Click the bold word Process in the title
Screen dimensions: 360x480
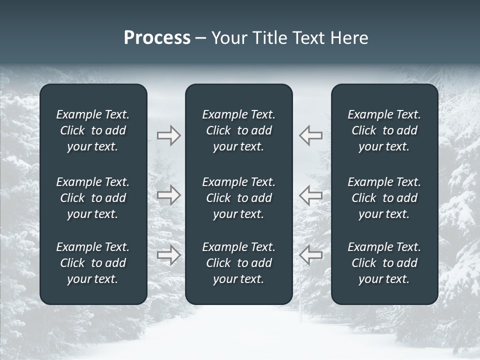[x=157, y=38]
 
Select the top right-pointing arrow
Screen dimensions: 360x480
[x=168, y=135]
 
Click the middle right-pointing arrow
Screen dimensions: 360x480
[x=168, y=195]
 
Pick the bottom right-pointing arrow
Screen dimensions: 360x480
[x=168, y=255]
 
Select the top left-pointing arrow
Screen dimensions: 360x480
[x=311, y=135]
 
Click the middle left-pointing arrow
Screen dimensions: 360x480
[x=311, y=195]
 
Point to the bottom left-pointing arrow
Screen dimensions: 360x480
[x=311, y=255]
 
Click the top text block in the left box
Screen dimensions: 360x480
[x=93, y=130]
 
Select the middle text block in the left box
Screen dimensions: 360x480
[x=93, y=198]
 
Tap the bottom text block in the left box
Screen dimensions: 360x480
[x=93, y=263]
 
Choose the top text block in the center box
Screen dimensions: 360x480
[x=238, y=130]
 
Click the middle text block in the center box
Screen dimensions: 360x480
[x=238, y=198]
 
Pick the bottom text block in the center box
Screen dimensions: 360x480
[x=238, y=263]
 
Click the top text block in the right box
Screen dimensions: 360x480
[x=384, y=130]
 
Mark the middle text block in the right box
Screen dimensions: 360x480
[x=384, y=198]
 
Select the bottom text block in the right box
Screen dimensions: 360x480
[x=384, y=263]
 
